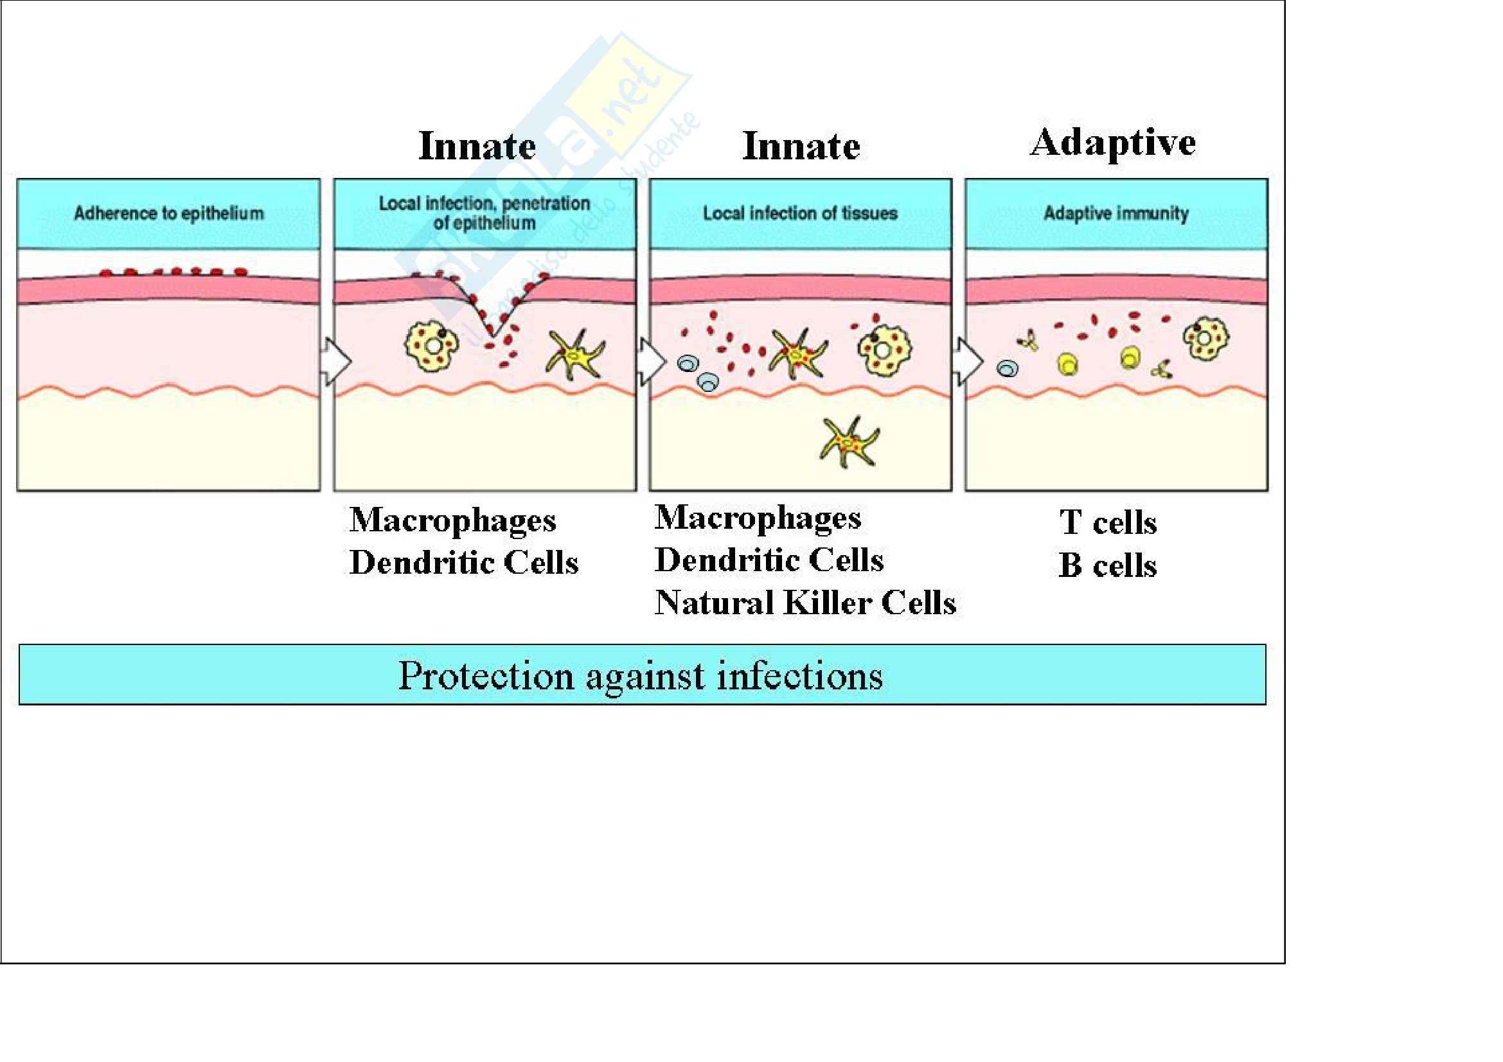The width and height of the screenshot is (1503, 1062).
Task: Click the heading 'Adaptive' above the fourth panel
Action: point(1112,143)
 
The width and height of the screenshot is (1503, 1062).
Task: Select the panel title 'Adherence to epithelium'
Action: point(169,213)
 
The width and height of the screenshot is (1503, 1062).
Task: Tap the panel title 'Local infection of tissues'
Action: point(800,213)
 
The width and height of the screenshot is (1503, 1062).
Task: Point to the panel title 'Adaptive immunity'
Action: point(1116,213)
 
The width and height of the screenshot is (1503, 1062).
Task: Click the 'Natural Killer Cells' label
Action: point(805,603)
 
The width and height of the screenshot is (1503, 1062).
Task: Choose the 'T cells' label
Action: point(1108,523)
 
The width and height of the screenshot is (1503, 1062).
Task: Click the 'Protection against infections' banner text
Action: point(640,675)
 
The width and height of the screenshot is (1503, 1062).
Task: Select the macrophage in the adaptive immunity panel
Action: point(1205,339)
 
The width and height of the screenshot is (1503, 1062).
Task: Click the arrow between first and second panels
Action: point(336,361)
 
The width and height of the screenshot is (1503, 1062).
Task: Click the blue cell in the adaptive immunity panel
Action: point(1008,369)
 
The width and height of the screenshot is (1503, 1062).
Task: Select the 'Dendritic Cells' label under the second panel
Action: point(463,562)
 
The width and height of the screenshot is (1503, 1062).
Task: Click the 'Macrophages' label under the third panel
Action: point(758,518)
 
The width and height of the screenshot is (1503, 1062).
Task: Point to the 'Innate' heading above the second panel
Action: point(477,145)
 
